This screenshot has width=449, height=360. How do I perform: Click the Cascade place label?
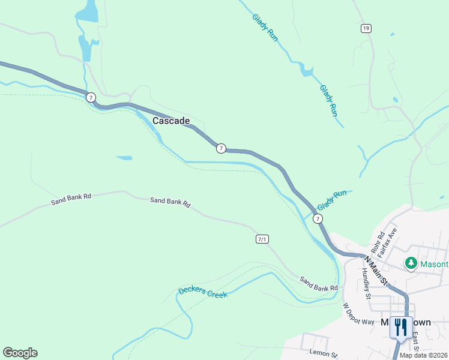click(x=171, y=121)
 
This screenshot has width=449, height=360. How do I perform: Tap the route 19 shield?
click(x=366, y=28)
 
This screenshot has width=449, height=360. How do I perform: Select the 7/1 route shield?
click(x=262, y=239)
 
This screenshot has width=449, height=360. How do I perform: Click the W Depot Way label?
click(x=358, y=313)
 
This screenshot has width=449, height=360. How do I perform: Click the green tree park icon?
click(x=411, y=263)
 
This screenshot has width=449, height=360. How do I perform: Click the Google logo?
click(x=20, y=353)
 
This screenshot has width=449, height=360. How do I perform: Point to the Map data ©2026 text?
click(x=423, y=355)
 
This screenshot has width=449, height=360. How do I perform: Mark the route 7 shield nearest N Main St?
click(x=318, y=219)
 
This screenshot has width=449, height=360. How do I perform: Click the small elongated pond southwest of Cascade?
click(x=124, y=158)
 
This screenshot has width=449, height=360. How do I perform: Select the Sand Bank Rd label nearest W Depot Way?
click(x=319, y=284)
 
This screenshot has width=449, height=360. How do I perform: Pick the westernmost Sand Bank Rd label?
click(x=71, y=199)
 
